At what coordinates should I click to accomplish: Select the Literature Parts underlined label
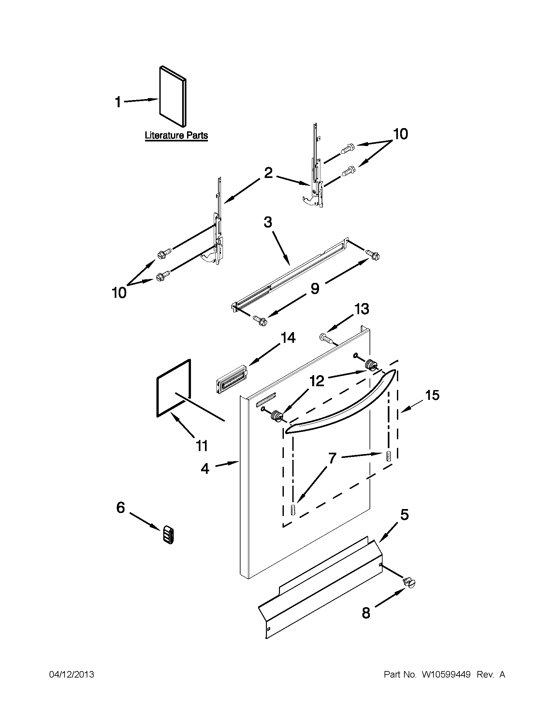point(176,135)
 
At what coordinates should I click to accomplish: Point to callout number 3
point(268,222)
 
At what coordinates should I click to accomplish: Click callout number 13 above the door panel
point(362,309)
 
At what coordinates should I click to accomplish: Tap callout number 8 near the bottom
point(366,613)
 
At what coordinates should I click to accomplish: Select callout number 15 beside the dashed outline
point(432,395)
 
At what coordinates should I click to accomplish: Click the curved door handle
point(341,404)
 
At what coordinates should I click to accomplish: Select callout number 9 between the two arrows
point(314,288)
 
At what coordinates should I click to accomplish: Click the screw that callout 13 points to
point(327,339)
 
